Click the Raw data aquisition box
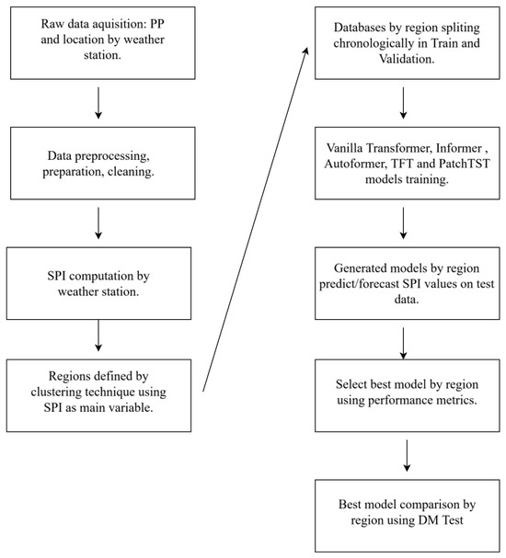click(102, 43)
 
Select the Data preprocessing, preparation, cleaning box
click(102, 163)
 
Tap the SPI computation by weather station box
click(98, 283)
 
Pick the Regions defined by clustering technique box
click(98, 395)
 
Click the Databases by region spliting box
click(407, 43)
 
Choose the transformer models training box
click(407, 163)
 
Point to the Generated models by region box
click(407, 283)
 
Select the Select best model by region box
click(407, 395)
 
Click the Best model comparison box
click(407, 516)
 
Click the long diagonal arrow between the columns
click(255, 219)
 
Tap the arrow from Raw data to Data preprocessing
click(98, 103)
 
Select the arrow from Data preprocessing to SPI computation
click(98, 223)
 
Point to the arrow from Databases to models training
click(403, 103)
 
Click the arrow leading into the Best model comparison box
click(407, 456)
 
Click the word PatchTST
click(465, 164)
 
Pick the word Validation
click(407, 59)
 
